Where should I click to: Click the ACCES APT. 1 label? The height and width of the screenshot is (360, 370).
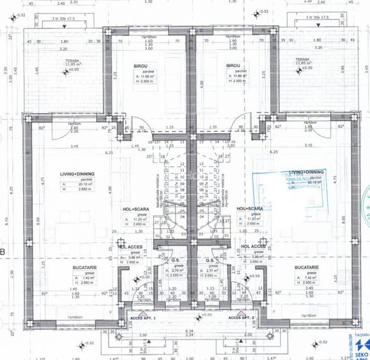(x=144, y=317)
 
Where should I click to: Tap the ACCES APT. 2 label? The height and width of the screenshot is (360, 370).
(x=242, y=317)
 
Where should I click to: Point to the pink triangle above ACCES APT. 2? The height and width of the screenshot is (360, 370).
(x=242, y=312)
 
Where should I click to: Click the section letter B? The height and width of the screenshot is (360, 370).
(x=3, y=253)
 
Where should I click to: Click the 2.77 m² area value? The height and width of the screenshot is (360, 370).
(x=215, y=271)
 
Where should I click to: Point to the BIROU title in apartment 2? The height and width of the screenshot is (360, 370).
(x=233, y=66)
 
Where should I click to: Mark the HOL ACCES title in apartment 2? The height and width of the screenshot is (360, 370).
(x=254, y=247)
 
